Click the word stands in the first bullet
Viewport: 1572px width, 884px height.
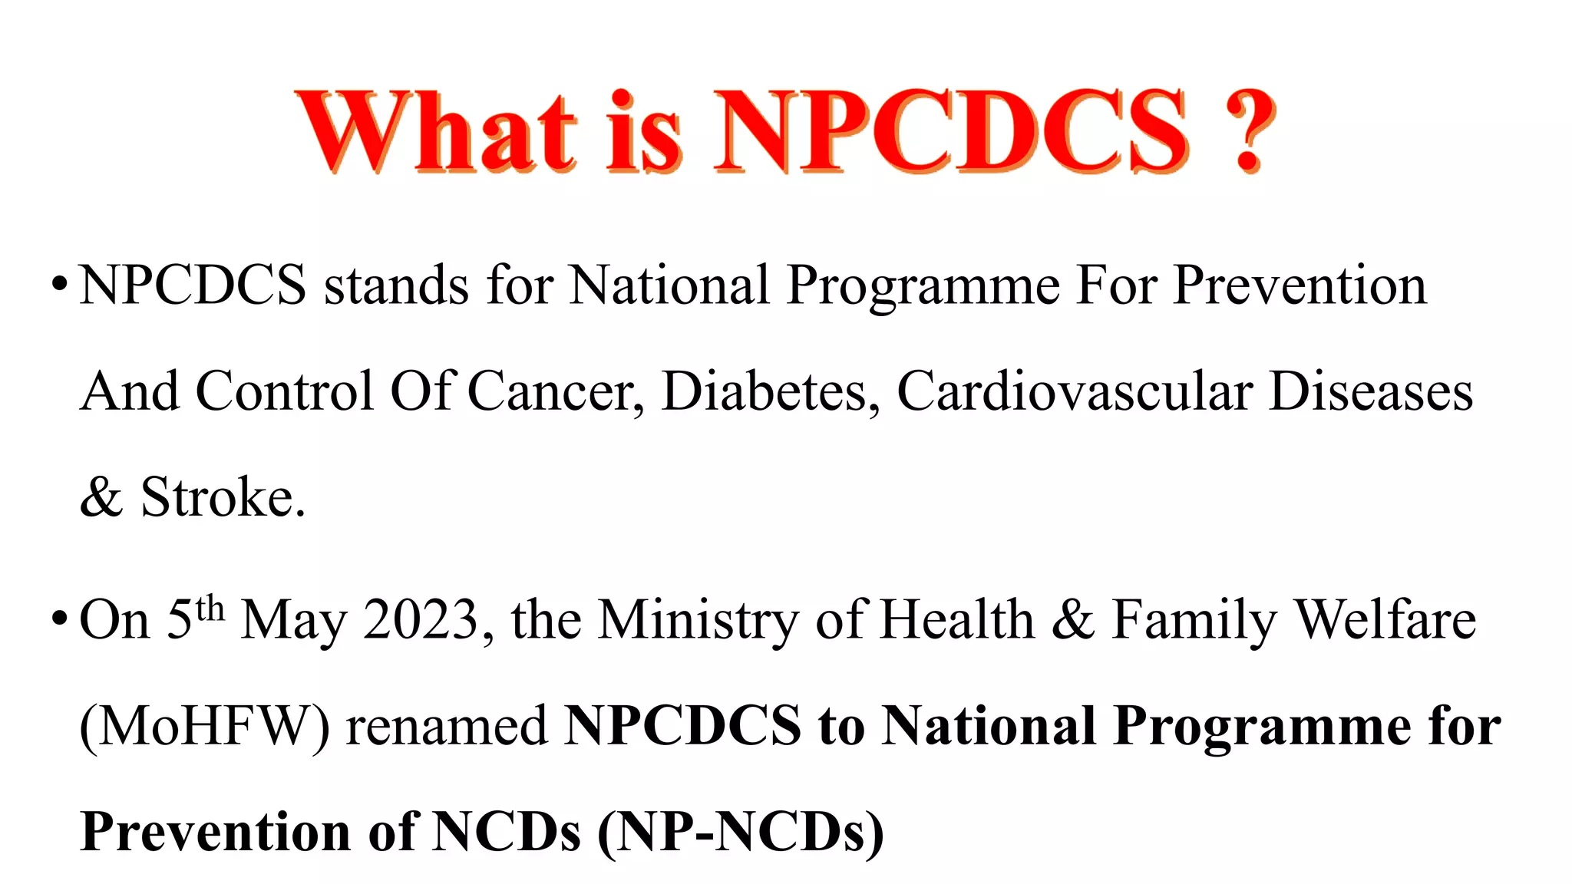coord(396,285)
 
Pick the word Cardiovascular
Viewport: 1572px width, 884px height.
coord(1075,391)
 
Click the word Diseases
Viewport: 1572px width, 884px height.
coord(1371,391)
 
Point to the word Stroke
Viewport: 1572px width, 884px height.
coord(223,497)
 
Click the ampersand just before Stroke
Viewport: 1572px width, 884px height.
coord(101,497)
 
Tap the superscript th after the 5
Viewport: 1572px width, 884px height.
coord(210,609)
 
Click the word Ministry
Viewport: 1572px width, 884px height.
coord(698,620)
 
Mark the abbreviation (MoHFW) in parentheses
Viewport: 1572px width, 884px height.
coord(204,726)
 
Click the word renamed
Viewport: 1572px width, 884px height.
coord(447,726)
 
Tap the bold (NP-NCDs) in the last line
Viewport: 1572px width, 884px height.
coord(741,832)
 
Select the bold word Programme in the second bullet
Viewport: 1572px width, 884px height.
coord(1262,726)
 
